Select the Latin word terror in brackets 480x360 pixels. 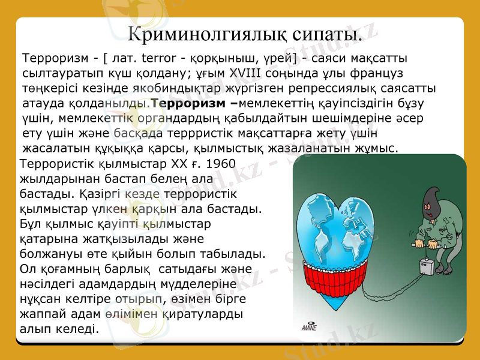(164, 59)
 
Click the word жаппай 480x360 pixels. (42, 313)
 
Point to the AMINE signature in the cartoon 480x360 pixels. (309, 327)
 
